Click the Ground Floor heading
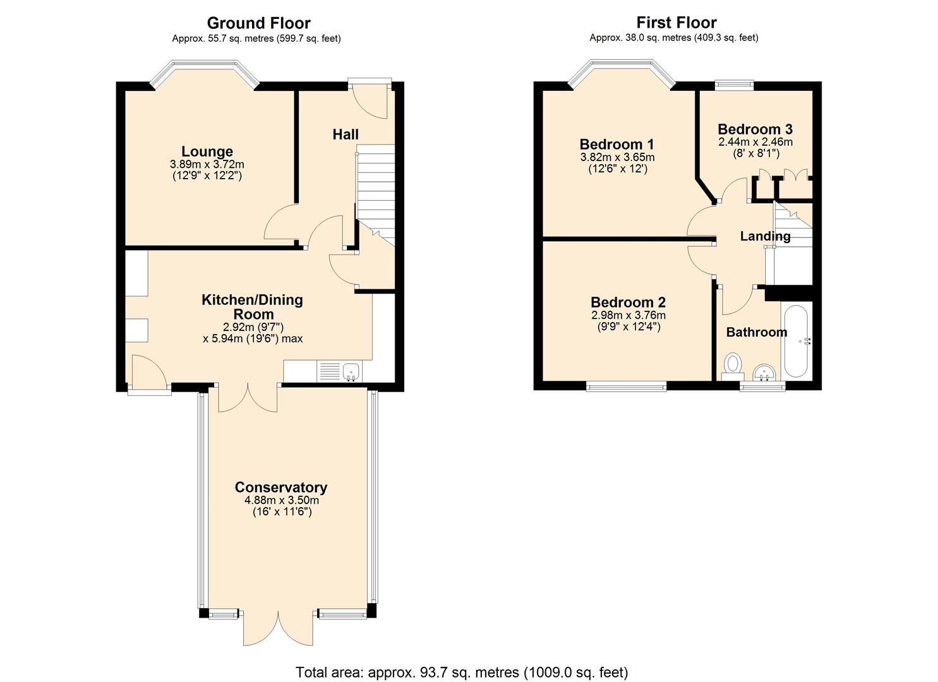258,23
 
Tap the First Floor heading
676,22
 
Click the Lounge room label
207,151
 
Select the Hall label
346,135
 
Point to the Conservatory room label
281,487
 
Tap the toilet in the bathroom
733,367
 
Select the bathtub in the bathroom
796,341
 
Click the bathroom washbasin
764,373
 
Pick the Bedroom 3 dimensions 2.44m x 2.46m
755,142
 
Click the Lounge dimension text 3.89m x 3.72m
207,164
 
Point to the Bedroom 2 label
628,302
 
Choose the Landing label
765,236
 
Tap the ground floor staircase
375,195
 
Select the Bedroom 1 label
617,144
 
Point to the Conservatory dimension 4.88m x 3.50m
282,500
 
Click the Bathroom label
757,332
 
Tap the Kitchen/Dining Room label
253,306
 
